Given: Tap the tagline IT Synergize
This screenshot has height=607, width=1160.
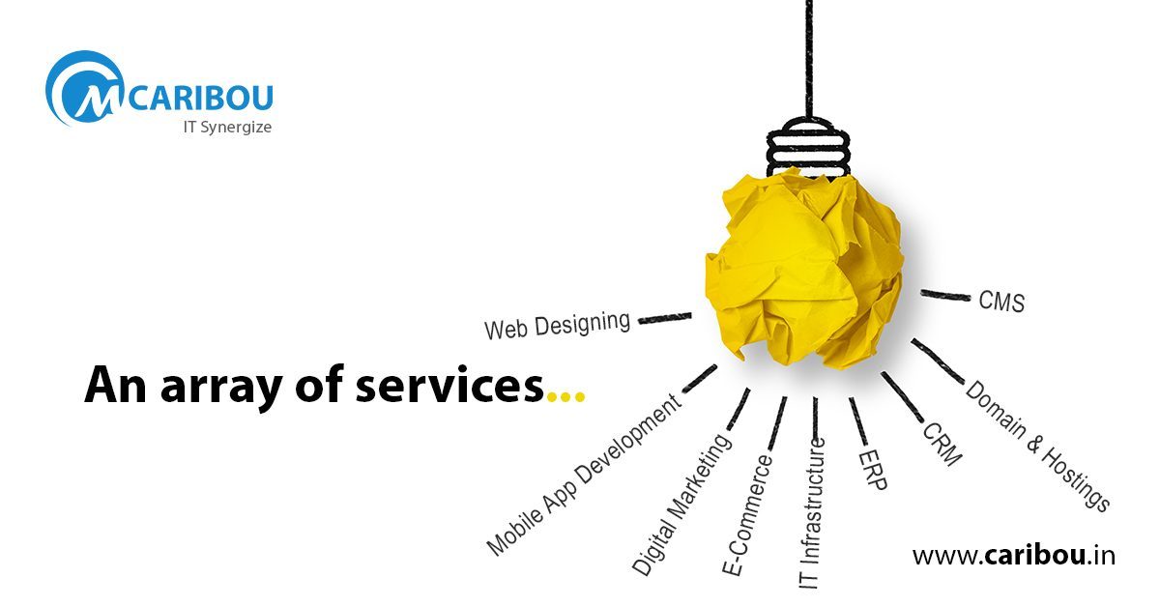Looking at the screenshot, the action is point(227,128).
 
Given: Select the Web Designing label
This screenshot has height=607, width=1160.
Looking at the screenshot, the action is point(557,326).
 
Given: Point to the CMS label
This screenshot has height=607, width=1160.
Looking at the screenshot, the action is point(1001,302).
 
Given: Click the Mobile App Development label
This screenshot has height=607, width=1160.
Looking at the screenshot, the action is point(582,475).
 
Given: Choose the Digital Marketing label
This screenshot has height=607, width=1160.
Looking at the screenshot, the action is point(681,504).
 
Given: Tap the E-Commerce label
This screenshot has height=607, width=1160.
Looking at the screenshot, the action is point(746,515).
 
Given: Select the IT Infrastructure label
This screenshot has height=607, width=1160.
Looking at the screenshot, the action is point(811,513).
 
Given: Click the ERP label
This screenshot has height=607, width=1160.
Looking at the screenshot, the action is point(873,470).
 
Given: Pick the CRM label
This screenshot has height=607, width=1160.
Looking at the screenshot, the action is point(942,444).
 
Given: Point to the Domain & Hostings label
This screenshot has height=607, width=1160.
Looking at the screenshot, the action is point(1038,446).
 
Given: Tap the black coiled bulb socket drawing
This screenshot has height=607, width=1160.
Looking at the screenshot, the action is point(808,147).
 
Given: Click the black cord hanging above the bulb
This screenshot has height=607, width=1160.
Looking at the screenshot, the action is point(809,58).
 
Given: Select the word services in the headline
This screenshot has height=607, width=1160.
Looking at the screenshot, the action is point(449,385).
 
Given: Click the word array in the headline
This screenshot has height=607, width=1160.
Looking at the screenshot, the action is point(221,389).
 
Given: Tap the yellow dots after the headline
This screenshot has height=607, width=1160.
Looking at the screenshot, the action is point(566,397).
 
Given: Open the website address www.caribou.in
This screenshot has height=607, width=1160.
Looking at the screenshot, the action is point(1013,555).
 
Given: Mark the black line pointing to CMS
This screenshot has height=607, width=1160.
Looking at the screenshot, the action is point(945,295).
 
